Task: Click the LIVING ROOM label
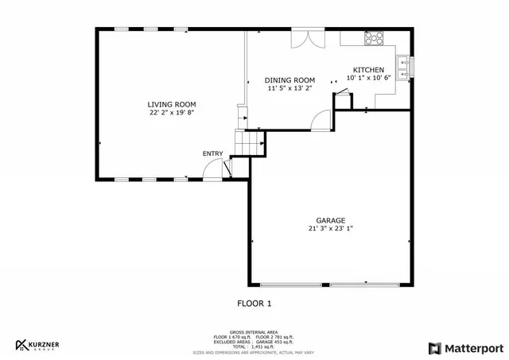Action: (171, 105)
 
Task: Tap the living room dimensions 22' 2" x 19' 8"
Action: (171, 113)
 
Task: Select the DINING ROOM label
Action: (290, 80)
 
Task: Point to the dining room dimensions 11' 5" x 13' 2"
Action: (290, 88)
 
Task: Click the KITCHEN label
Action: (368, 70)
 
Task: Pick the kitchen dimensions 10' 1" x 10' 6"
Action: (368, 78)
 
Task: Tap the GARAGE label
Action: (330, 220)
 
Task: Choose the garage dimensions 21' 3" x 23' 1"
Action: (330, 229)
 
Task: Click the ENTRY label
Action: (212, 154)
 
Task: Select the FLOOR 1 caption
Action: (254, 303)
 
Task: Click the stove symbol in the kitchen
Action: (373, 37)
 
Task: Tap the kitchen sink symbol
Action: (404, 68)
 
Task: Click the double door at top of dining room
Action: (305, 39)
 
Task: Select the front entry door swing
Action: (214, 169)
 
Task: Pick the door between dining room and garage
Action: (321, 119)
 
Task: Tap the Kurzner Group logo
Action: (38, 345)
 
